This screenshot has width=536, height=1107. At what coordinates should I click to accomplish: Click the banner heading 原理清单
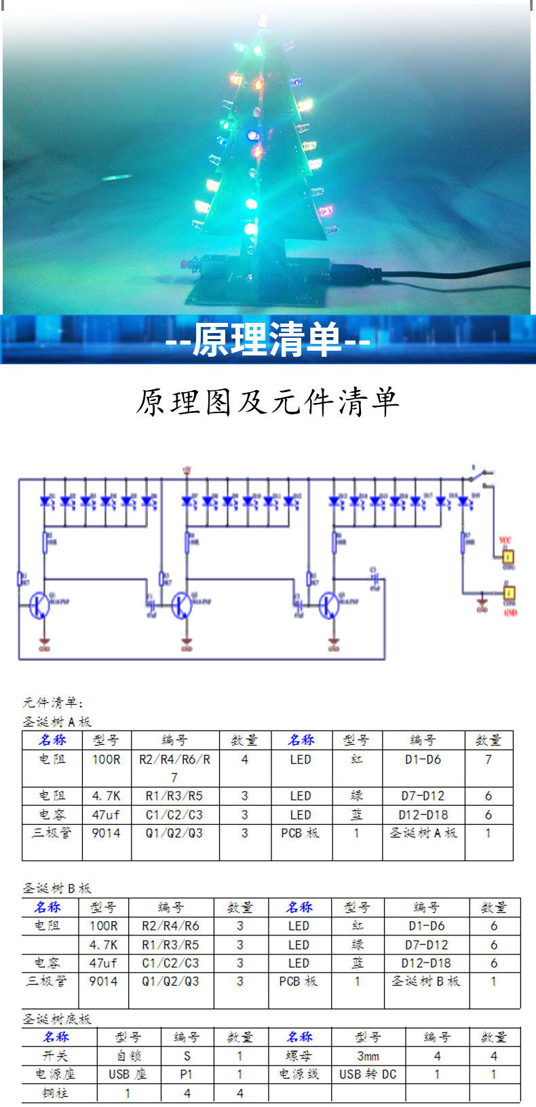click(x=267, y=339)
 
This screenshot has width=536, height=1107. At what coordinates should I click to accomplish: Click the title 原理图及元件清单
click(x=267, y=402)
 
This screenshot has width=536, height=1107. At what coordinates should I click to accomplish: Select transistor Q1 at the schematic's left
click(x=39, y=605)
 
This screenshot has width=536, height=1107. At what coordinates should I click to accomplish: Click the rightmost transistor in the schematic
click(x=330, y=605)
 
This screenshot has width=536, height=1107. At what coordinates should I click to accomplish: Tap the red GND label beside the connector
click(x=510, y=613)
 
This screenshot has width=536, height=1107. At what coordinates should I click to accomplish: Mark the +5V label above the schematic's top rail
click(x=187, y=468)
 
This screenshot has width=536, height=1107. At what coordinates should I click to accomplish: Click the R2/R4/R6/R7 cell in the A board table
click(x=174, y=768)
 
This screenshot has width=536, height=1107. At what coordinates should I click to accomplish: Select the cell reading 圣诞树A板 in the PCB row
click(x=423, y=833)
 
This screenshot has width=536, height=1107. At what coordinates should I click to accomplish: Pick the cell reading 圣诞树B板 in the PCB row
click(x=425, y=981)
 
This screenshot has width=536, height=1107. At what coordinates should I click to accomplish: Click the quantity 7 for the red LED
click(x=488, y=760)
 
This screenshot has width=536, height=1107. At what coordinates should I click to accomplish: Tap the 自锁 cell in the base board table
click(x=128, y=1056)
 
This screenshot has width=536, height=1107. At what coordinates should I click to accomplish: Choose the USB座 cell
click(x=128, y=1074)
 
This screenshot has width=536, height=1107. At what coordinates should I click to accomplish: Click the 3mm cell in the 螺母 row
click(x=368, y=1056)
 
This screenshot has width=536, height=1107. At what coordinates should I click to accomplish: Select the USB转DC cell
click(x=368, y=1074)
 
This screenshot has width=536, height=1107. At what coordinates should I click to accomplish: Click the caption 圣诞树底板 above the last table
click(x=57, y=1019)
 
